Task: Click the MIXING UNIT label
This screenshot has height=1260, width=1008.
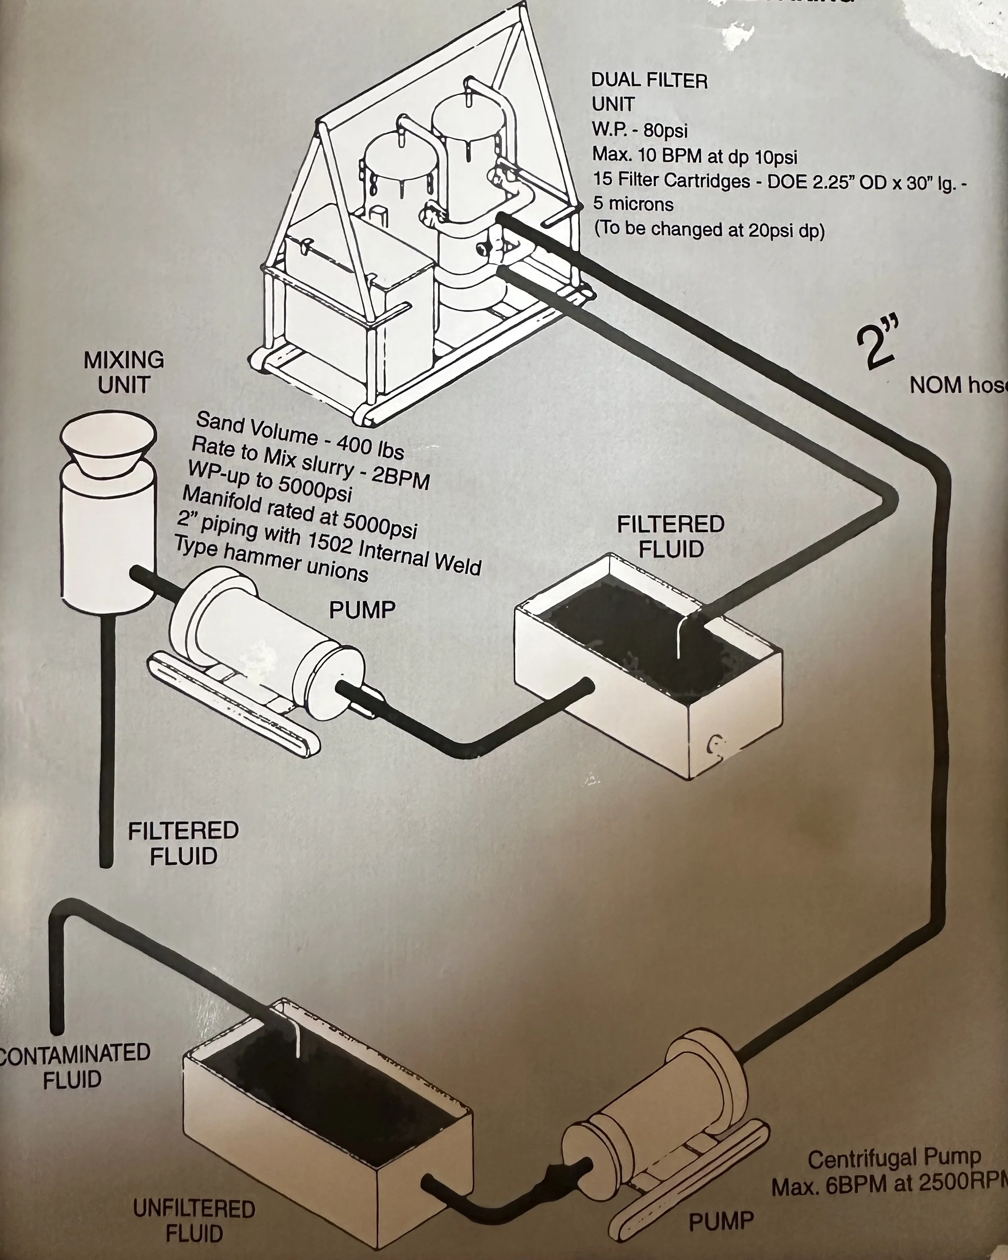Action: [124, 372]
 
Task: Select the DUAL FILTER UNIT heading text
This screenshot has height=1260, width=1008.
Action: [649, 92]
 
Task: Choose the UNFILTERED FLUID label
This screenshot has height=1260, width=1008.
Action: [194, 1221]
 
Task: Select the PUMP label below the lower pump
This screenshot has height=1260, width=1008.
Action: [721, 1221]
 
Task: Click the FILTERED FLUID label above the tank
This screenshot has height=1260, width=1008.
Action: [671, 536]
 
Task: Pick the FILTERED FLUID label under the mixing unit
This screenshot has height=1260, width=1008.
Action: [183, 843]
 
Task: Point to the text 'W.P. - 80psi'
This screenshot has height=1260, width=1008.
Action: [639, 130]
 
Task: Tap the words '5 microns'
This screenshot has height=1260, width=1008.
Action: [633, 204]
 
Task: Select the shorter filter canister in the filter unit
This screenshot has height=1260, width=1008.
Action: [398, 175]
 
